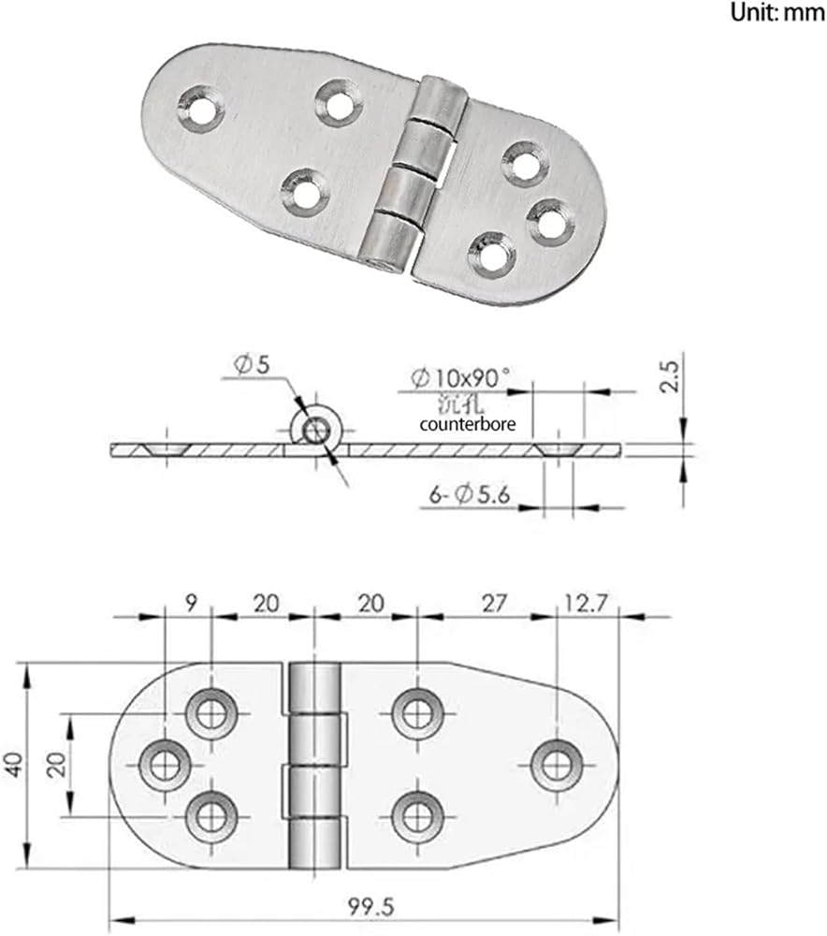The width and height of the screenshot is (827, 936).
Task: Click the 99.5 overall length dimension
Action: click(371, 907)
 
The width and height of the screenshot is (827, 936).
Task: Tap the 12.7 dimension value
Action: click(586, 603)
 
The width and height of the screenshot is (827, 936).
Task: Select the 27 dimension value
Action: click(495, 604)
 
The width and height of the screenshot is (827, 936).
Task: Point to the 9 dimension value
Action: click(190, 603)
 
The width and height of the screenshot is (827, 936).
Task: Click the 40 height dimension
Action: click(14, 764)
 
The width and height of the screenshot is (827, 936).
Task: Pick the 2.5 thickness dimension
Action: click(670, 375)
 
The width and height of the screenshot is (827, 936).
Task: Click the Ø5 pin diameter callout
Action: click(253, 364)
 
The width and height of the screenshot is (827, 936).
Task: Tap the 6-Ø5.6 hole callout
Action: click(470, 495)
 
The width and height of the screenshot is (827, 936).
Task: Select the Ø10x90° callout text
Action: click(460, 377)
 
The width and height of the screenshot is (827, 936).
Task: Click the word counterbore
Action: click(467, 424)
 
